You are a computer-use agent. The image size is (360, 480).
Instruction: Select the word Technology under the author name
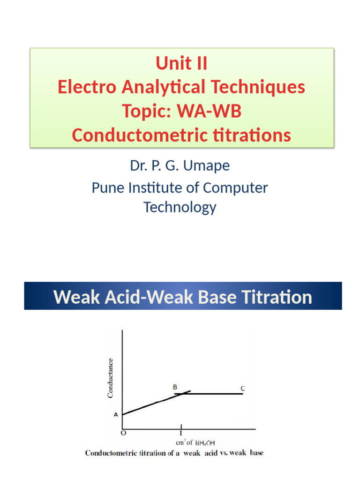(x=180, y=207)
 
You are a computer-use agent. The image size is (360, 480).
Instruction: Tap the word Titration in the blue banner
(x=272, y=297)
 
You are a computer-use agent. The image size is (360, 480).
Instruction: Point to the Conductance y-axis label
(x=111, y=378)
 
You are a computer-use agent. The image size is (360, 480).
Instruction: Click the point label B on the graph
(x=175, y=387)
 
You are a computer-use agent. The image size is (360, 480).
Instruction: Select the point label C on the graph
(x=242, y=389)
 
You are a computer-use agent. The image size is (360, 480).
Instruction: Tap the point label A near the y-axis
(x=115, y=414)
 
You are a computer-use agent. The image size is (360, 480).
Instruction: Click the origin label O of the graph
(x=123, y=433)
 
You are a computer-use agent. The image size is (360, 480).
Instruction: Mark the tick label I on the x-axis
(x=180, y=433)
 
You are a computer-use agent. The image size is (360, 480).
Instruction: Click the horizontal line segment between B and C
(x=216, y=394)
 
